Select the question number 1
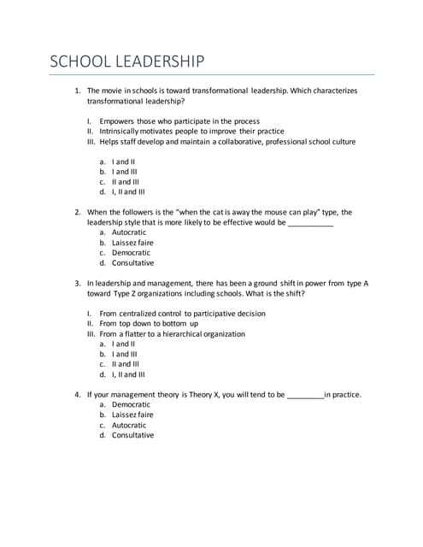[x=77, y=90]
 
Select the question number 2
[x=77, y=212]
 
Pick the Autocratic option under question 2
[x=129, y=232]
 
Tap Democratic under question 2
[x=131, y=253]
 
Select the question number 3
[x=77, y=283]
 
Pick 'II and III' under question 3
[x=125, y=364]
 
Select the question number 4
[x=77, y=395]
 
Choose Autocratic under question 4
[x=129, y=425]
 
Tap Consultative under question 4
[x=132, y=435]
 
